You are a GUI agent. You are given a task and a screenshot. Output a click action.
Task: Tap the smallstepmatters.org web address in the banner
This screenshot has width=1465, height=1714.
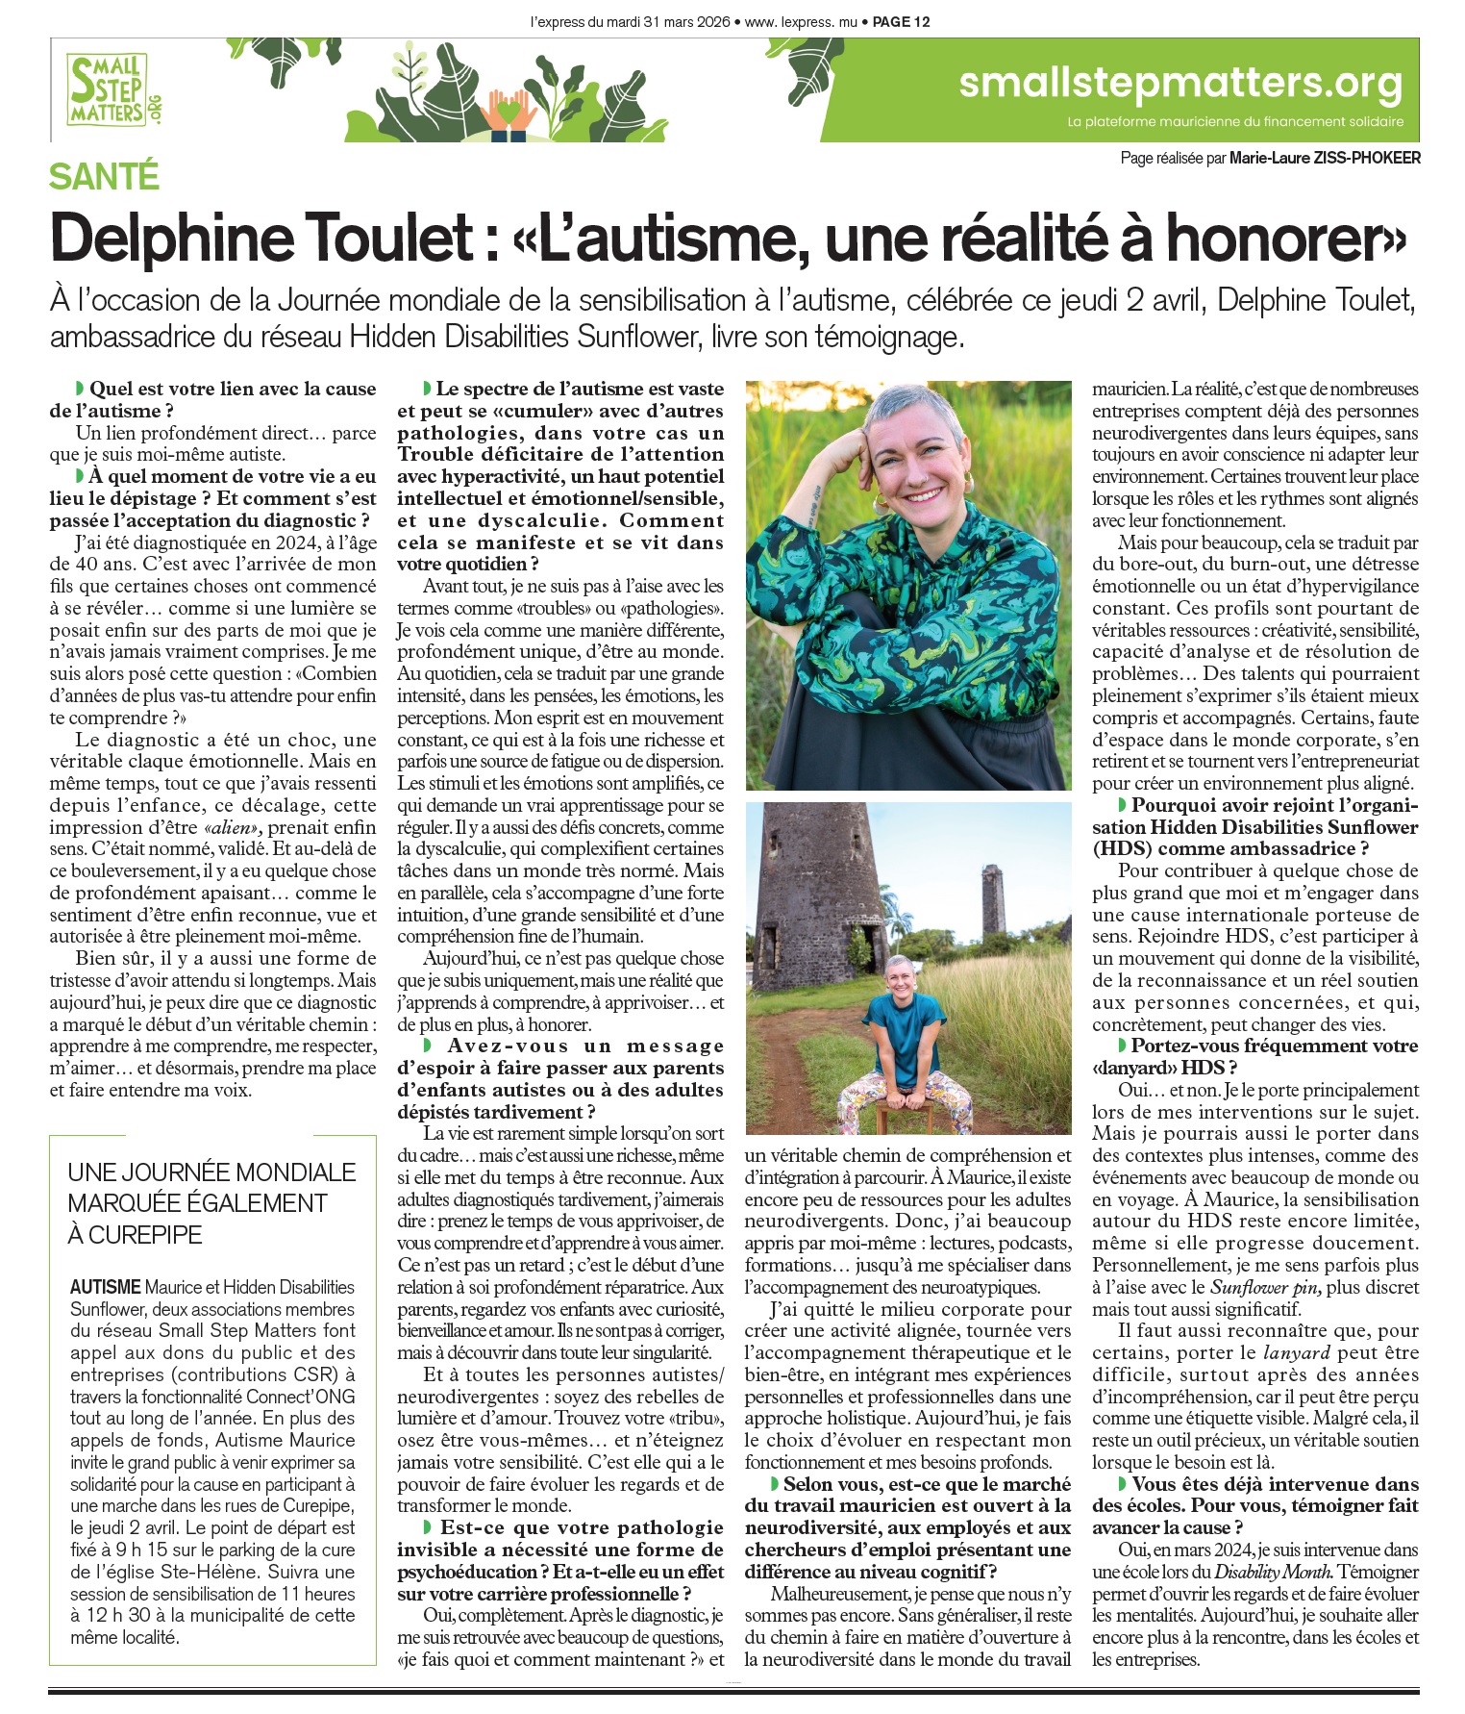point(1180,84)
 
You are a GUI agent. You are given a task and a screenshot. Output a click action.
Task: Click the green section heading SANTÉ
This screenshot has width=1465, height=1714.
point(104,177)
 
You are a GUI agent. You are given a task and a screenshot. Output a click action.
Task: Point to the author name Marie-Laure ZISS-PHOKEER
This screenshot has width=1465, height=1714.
point(1324,158)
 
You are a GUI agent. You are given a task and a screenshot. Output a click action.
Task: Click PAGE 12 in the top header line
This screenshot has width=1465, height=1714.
point(901,21)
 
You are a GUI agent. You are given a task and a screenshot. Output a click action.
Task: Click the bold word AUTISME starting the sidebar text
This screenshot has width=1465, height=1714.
point(105,1287)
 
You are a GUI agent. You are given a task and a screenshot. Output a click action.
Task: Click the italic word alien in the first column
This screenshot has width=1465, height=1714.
point(232,827)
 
